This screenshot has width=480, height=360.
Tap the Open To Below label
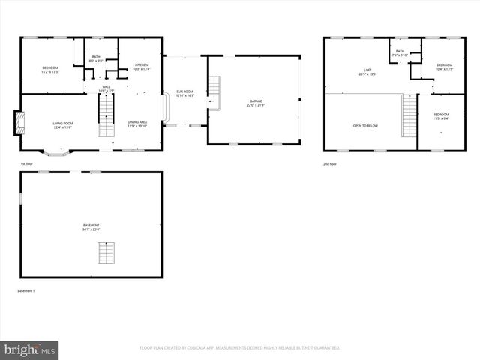pyautogui.click(x=365, y=125)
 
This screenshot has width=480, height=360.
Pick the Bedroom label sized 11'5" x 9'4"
pyautogui.click(x=441, y=116)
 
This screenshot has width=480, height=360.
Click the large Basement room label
pyautogui.click(x=91, y=227)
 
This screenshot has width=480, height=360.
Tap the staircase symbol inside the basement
pyautogui.click(x=106, y=253)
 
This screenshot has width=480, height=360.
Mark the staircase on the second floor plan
pyautogui.click(x=409, y=115)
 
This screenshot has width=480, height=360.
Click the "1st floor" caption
pyautogui.click(x=27, y=163)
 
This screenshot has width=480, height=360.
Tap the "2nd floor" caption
pyautogui.click(x=330, y=163)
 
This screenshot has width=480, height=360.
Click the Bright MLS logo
pyautogui.click(x=30, y=349)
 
